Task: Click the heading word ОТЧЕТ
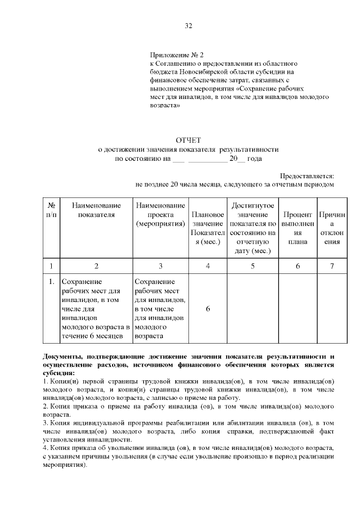tap(188, 139)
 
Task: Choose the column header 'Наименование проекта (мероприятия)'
tap(160, 215)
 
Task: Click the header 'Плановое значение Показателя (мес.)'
tap(208, 228)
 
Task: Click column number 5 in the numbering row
tap(253, 265)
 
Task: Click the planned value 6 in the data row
tap(208, 309)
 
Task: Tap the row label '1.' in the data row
tap(51, 281)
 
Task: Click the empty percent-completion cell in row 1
tap(298, 309)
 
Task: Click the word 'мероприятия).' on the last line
tap(65, 465)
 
